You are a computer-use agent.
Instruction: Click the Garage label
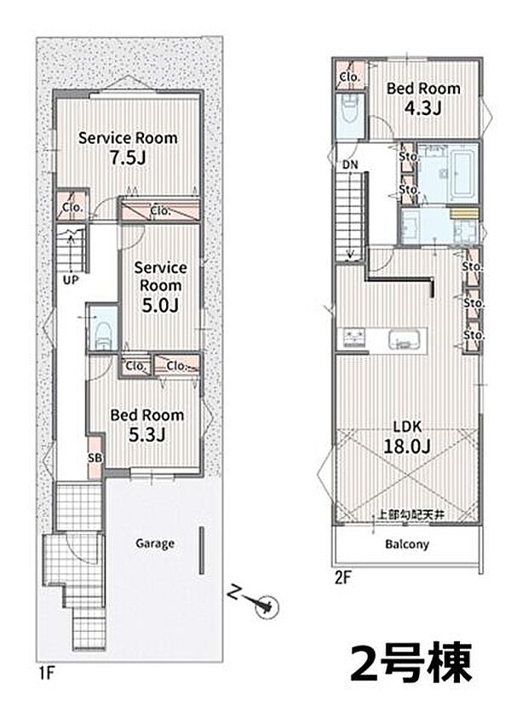click(155, 543)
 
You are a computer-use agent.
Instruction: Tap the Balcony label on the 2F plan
click(407, 544)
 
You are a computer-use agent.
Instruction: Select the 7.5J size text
click(128, 158)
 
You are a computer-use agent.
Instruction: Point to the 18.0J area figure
click(407, 446)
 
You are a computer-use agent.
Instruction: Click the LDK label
click(407, 427)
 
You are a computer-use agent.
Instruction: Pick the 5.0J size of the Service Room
click(160, 306)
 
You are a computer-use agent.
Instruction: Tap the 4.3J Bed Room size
click(422, 108)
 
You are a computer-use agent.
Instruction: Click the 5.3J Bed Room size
click(146, 435)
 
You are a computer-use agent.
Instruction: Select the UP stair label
click(71, 279)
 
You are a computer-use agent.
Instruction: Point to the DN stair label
click(350, 165)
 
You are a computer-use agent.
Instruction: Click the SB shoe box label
click(95, 458)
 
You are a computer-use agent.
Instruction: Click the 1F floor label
click(47, 674)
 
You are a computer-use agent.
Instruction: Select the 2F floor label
click(342, 577)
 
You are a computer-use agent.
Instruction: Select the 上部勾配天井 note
click(410, 514)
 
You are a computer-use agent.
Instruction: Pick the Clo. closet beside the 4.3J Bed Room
click(350, 77)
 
